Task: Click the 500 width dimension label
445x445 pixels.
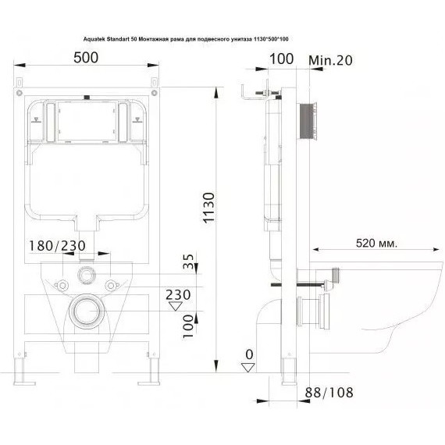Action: click(86, 58)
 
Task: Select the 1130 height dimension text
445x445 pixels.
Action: click(209, 208)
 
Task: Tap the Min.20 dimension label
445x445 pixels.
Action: click(330, 60)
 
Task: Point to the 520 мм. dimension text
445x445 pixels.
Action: click(376, 244)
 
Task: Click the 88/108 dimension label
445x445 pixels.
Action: click(329, 393)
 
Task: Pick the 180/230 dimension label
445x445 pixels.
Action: click(57, 246)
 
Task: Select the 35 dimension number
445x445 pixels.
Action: click(188, 261)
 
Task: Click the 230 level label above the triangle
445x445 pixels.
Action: click(178, 295)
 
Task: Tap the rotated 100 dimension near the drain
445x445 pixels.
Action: click(187, 326)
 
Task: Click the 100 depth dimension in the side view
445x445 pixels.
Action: click(281, 59)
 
